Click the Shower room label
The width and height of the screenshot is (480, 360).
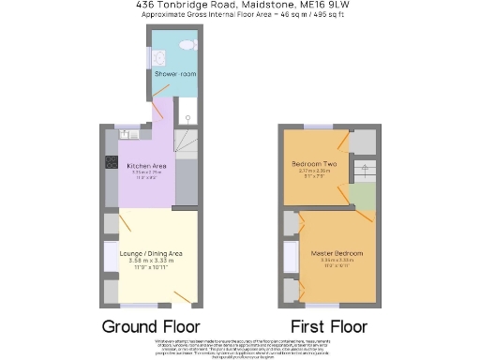pyautogui.click(x=173, y=73)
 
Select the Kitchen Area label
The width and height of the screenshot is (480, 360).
pyautogui.click(x=145, y=166)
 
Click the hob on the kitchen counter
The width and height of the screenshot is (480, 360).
pyautogui.click(x=111, y=160)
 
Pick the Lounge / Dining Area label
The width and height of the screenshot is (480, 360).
pyautogui.click(x=151, y=253)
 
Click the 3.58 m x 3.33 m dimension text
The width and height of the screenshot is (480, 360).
pyautogui.click(x=150, y=261)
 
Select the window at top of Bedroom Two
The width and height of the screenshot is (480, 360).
pyautogui.click(x=317, y=126)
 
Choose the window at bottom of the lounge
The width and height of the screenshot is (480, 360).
pyautogui.click(x=138, y=305)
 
